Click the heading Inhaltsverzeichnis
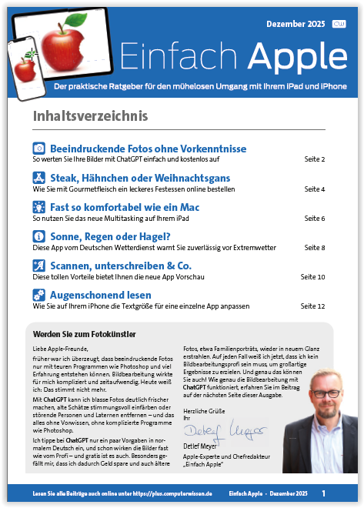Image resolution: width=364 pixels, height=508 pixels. pos(91,116)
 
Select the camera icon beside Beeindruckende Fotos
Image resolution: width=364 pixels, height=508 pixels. pos(38,148)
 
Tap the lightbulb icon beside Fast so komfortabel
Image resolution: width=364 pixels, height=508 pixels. pos(38,207)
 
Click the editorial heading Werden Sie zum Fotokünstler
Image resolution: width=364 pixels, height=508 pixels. pos(85,334)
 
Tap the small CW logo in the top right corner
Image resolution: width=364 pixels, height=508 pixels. pos(339,24)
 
